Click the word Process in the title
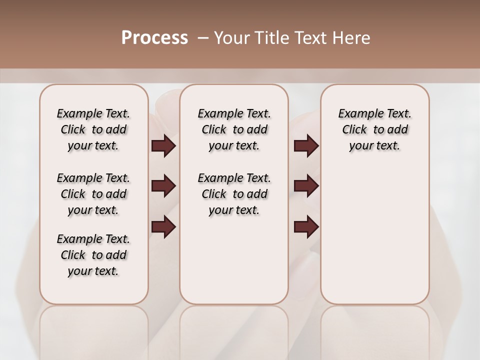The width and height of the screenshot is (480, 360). [x=154, y=38]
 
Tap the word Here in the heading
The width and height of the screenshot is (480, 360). [x=352, y=38]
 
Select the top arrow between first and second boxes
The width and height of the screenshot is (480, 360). [x=163, y=146]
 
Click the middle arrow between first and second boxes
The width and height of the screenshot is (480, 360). [x=163, y=186]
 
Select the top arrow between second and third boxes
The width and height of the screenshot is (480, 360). [x=306, y=146]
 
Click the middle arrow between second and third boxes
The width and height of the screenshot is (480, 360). [x=306, y=186]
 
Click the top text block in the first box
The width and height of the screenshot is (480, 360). [x=93, y=129]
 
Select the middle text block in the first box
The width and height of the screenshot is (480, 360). [x=93, y=194]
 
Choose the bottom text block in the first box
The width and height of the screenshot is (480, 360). [x=93, y=255]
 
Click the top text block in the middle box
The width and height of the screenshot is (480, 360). [x=234, y=129]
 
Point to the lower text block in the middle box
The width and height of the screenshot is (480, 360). [x=234, y=194]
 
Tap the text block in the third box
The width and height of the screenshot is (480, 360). [x=374, y=129]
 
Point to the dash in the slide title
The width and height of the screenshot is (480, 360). [x=203, y=38]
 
